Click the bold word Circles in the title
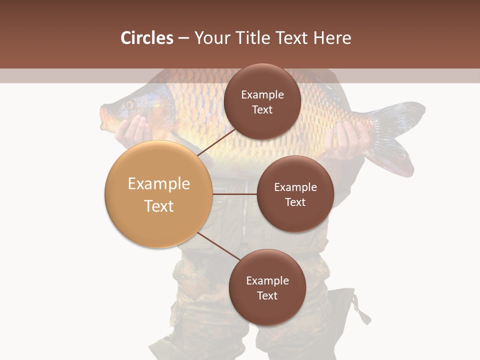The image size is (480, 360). [147, 38]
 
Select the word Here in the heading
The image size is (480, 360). [332, 38]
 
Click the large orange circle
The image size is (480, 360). [159, 194]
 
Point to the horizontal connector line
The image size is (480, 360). [234, 194]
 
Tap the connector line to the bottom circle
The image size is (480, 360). [217, 246]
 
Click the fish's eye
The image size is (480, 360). [129, 104]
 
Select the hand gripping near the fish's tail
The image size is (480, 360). [345, 140]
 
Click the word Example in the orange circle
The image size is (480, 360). [159, 184]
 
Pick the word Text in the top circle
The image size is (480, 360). [262, 110]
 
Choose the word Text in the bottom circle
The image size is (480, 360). [267, 295]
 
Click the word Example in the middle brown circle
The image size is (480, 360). [295, 187]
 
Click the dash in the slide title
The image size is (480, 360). [183, 38]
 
